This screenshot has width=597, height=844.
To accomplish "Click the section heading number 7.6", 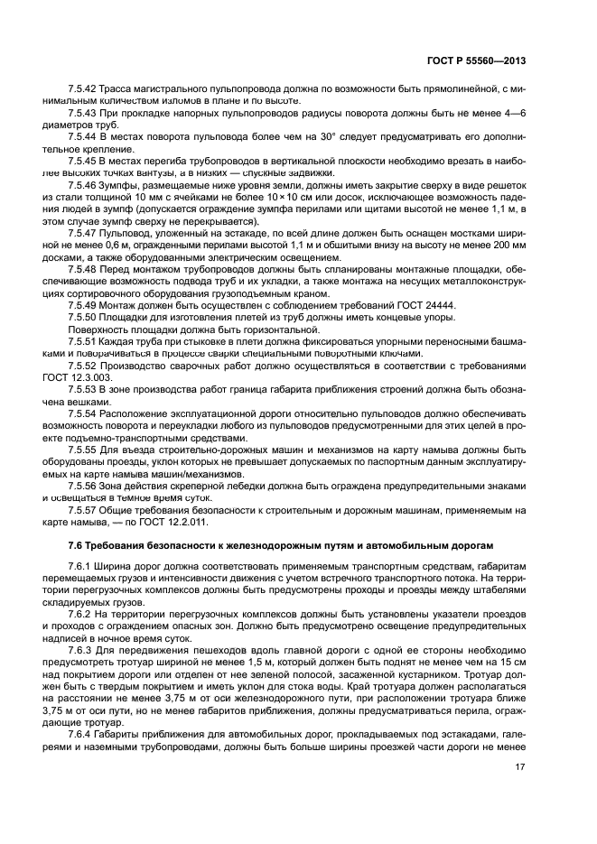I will (77, 546).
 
